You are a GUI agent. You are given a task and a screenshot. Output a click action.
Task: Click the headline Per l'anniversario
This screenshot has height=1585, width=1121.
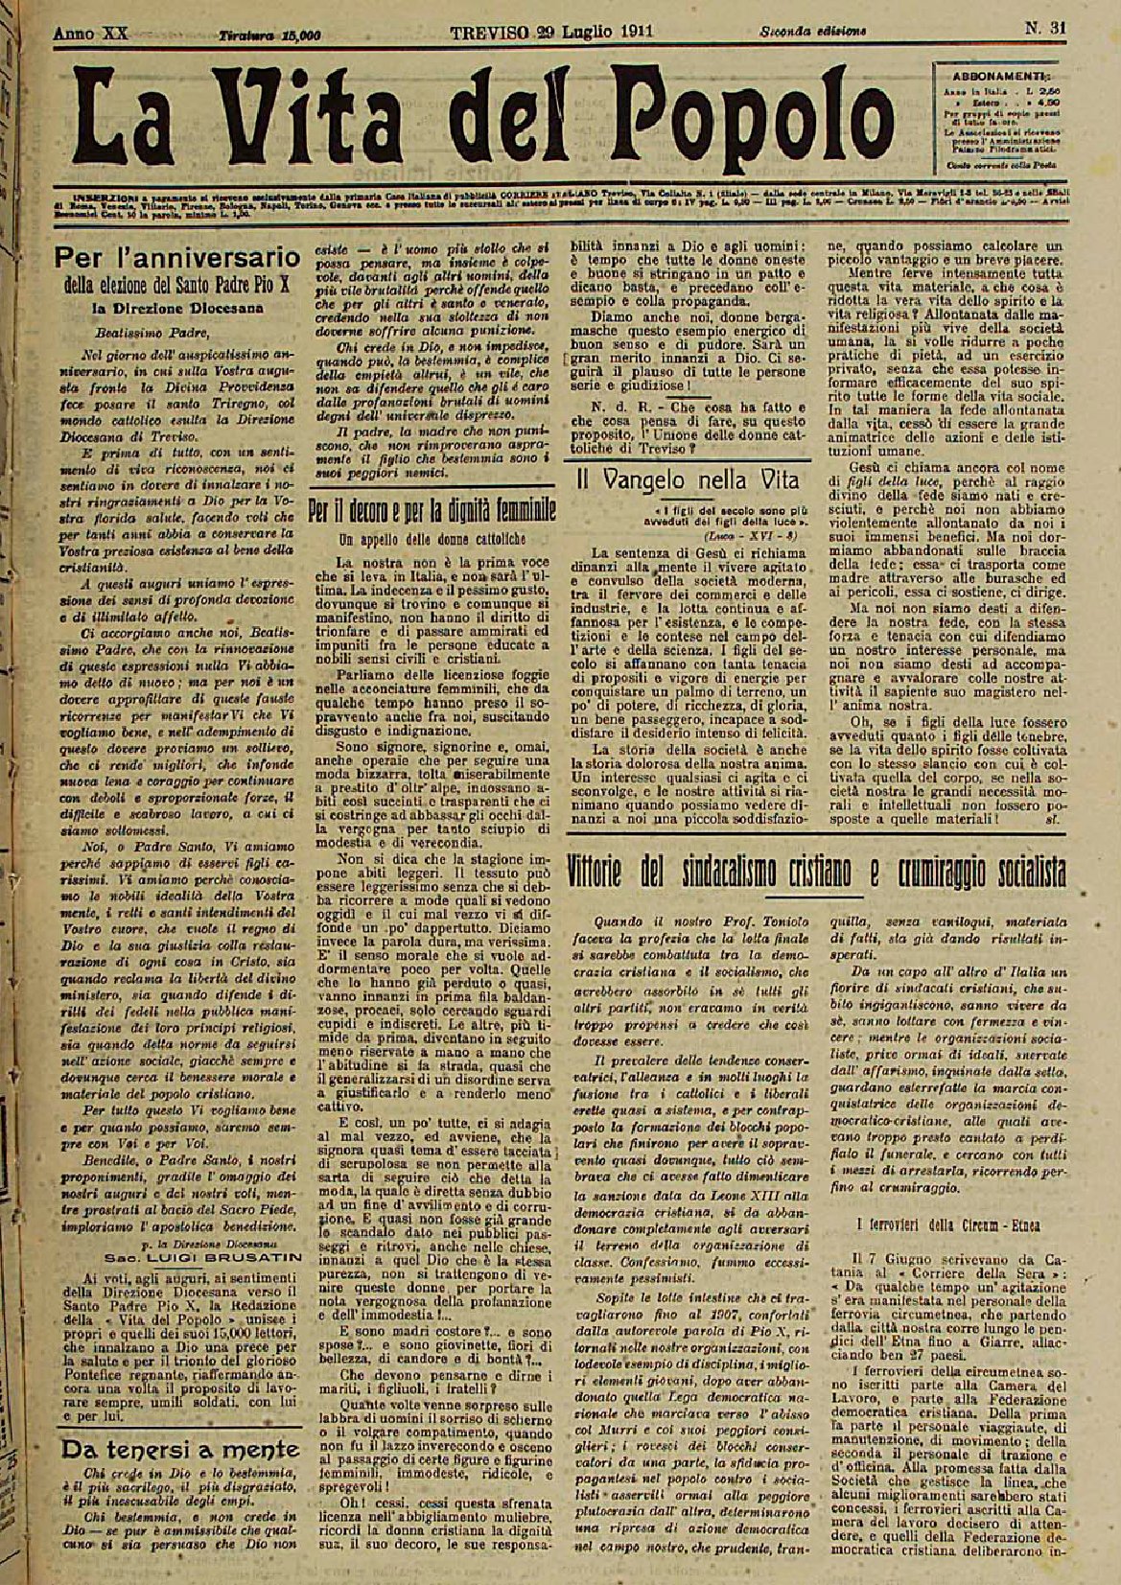(177, 258)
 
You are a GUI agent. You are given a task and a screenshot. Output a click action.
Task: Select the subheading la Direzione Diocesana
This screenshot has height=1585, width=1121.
(178, 309)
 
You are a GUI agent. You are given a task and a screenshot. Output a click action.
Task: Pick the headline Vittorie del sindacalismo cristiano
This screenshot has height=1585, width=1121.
(815, 874)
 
